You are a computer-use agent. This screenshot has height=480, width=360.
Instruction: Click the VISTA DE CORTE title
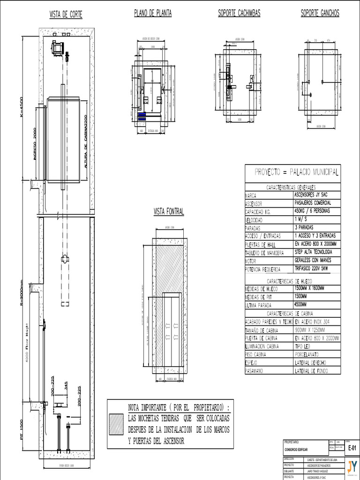(66, 15)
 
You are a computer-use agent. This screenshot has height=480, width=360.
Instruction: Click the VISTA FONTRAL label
(169, 212)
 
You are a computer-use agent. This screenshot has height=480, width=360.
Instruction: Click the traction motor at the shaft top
(58, 48)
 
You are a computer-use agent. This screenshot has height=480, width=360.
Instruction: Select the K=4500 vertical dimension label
(21, 108)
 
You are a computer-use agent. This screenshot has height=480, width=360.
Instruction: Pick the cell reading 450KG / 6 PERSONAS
(312, 211)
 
